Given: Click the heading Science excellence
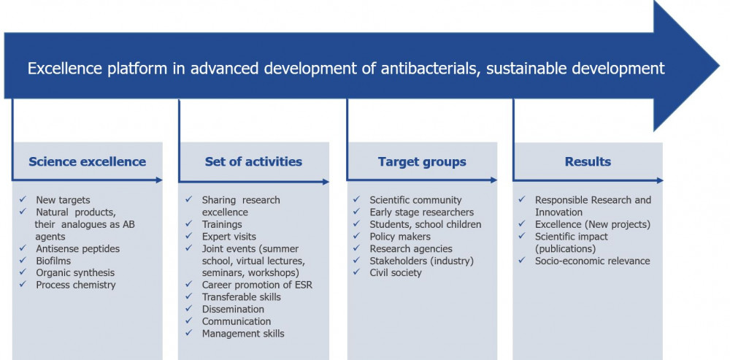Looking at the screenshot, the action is click(x=87, y=161).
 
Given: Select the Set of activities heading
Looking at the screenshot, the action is click(x=253, y=161).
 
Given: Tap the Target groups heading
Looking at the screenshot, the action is click(x=422, y=162).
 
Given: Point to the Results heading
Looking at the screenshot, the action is click(x=588, y=161).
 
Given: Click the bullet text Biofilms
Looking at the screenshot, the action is click(x=53, y=261).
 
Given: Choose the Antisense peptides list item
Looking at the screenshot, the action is click(x=78, y=249).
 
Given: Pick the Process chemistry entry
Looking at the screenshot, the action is click(x=76, y=285).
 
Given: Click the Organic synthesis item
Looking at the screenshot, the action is click(x=75, y=273).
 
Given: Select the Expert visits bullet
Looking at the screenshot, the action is click(x=228, y=237).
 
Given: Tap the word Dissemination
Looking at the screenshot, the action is click(x=233, y=309).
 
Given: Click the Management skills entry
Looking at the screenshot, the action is click(x=243, y=334).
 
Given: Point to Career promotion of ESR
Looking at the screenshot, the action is click(x=257, y=285).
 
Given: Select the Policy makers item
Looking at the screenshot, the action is click(x=400, y=237).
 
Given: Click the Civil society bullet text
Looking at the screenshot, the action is click(x=395, y=273).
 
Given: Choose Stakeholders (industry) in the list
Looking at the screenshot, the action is click(x=421, y=261).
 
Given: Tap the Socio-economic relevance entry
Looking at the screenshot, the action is click(x=592, y=261).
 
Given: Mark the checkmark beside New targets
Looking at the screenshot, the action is click(x=23, y=199).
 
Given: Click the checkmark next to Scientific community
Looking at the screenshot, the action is click(x=356, y=199).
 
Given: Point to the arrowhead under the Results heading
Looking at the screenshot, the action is click(x=660, y=180).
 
